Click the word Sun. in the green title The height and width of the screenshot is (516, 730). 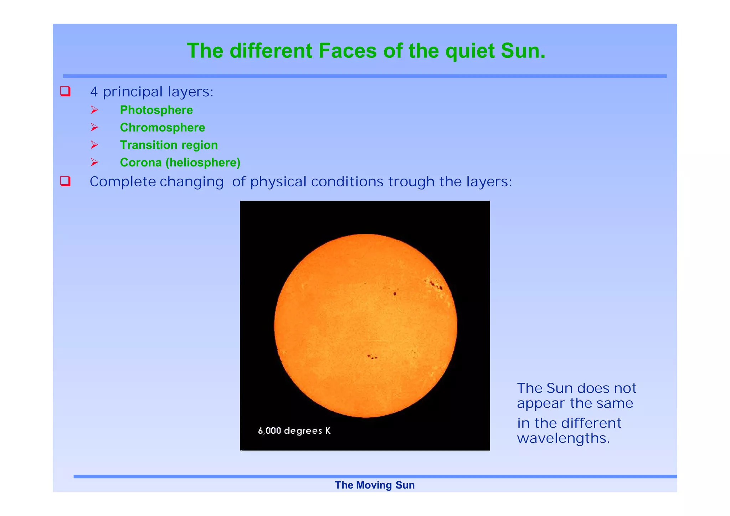(523, 51)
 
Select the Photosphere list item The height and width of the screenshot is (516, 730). (156, 110)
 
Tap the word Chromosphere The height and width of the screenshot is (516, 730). (163, 128)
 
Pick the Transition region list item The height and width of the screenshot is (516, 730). (169, 145)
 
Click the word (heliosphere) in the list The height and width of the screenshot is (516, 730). (203, 162)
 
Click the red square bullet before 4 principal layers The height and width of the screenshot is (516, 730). (65, 91)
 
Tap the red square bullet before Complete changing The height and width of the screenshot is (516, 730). (65, 181)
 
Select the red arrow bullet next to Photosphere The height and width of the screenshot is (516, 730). (94, 110)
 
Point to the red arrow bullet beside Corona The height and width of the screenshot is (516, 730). (94, 162)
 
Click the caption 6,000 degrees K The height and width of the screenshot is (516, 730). (294, 431)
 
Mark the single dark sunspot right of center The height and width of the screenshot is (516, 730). (395, 294)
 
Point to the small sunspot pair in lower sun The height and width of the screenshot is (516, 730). (372, 357)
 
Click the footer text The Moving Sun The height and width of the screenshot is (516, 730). (375, 485)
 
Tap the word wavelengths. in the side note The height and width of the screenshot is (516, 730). (563, 438)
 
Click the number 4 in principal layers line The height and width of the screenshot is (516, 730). (94, 92)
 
